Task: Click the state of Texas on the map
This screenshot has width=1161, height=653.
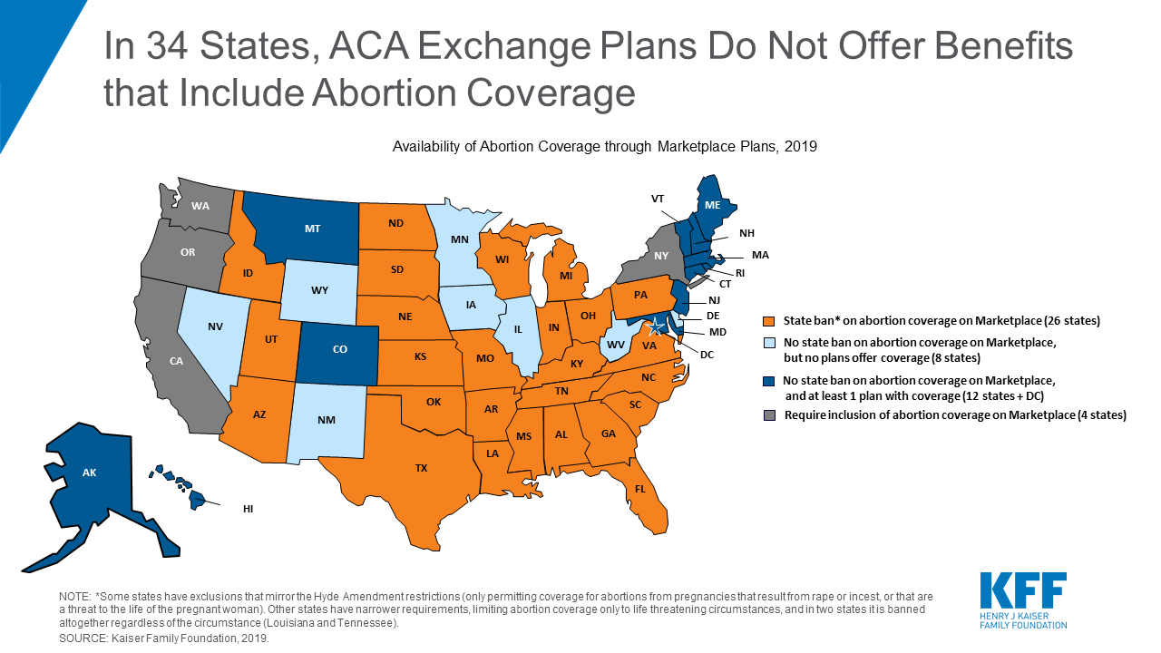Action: coord(420,467)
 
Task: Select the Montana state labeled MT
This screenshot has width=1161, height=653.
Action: coord(312,229)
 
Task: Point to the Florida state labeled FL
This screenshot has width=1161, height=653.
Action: coord(639,489)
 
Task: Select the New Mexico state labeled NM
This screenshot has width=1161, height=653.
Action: coord(327,420)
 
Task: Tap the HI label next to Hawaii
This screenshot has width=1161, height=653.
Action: coord(248,509)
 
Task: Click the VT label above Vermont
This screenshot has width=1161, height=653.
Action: coord(657,197)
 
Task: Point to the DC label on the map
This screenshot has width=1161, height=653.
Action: coord(706,354)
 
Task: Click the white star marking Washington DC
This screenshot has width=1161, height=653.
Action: coord(658,326)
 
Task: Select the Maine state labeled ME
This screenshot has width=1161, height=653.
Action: coord(713,206)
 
